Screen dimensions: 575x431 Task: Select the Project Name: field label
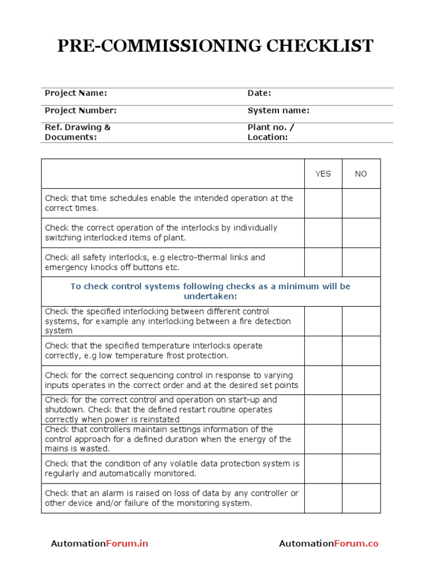[x=76, y=93]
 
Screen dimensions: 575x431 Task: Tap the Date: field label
[x=259, y=93]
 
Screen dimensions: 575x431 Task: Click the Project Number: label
[x=80, y=111]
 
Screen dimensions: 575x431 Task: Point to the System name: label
[x=278, y=111]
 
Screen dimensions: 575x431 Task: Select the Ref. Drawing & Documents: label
[x=77, y=132]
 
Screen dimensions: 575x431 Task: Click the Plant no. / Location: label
[x=270, y=132]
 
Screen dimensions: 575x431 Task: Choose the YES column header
[x=323, y=174]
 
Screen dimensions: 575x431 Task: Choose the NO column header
[x=361, y=174]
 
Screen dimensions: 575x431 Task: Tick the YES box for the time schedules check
[x=323, y=203]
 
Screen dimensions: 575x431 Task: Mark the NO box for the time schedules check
[x=361, y=203]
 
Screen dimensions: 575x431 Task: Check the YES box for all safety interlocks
[x=323, y=262]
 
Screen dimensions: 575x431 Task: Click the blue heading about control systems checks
[x=210, y=291]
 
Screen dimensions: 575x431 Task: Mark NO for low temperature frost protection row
[x=361, y=351]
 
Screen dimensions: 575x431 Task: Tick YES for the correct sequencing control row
[x=323, y=380]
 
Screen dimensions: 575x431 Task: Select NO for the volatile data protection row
[x=361, y=469]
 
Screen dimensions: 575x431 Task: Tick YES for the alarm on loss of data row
[x=323, y=499]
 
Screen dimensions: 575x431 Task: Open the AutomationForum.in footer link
[x=99, y=544]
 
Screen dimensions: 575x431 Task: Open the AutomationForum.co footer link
[x=328, y=544]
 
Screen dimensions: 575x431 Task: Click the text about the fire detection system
[x=168, y=321]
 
